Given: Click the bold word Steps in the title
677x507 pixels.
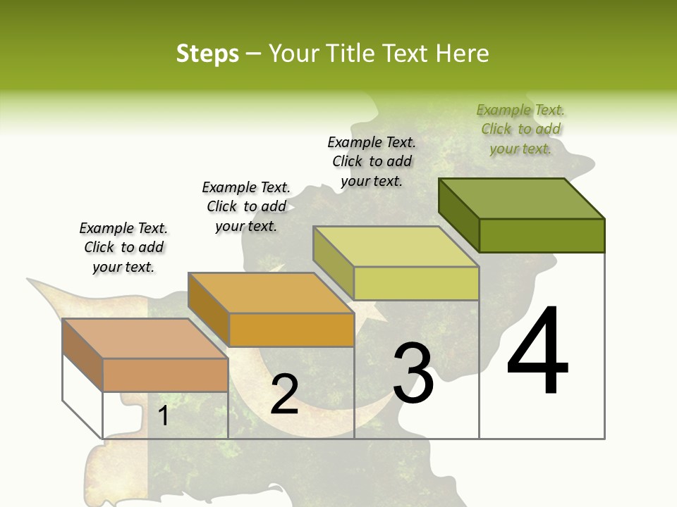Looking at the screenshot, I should [207, 54].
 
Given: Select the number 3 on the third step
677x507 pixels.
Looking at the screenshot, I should [413, 373].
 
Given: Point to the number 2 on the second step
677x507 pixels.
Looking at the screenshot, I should [284, 394].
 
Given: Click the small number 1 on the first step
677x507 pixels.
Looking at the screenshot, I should [163, 415].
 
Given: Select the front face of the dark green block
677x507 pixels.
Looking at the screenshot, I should [542, 235].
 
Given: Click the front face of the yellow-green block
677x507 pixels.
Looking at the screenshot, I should [416, 283].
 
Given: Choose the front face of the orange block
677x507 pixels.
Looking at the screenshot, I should [291, 330].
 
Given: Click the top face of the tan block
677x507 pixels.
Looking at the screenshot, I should [145, 339].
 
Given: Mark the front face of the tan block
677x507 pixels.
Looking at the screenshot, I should [165, 375].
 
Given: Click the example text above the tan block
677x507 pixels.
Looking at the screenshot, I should [123, 247].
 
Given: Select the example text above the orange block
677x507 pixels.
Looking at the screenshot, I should [246, 206].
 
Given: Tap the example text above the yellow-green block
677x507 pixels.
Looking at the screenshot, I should [372, 161].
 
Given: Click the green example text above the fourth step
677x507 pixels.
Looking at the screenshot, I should [520, 129].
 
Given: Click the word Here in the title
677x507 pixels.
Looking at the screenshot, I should [463, 54].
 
